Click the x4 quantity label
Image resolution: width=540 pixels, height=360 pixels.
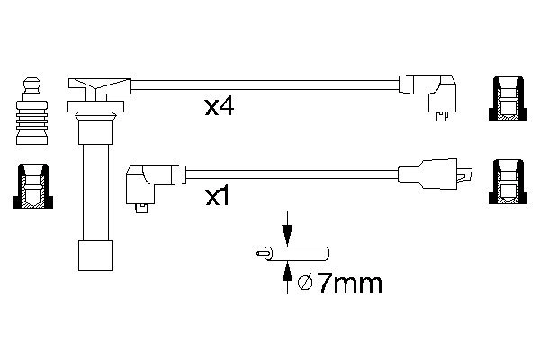[x=220, y=109]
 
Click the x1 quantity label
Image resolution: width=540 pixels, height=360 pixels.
[x=220, y=194]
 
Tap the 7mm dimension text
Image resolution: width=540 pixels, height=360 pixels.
[x=349, y=285]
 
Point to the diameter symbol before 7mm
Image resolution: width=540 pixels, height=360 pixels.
[x=305, y=285]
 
